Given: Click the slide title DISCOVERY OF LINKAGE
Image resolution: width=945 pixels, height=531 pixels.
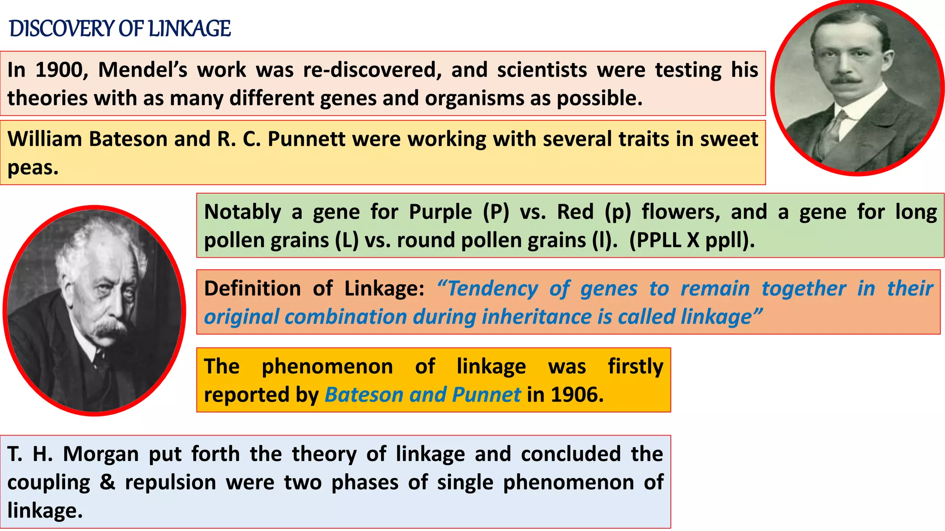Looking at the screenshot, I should (x=120, y=29).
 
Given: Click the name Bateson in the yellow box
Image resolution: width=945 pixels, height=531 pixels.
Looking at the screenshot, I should (x=128, y=139).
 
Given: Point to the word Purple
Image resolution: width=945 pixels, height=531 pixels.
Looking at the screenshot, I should (x=440, y=212).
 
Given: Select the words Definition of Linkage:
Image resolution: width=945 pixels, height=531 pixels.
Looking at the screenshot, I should (x=314, y=289).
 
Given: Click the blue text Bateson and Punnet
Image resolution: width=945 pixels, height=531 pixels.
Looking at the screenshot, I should (x=422, y=395).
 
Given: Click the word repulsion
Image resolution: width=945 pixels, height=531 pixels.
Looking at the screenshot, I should (x=170, y=483).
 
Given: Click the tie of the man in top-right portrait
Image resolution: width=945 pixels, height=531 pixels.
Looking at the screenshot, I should (x=834, y=134).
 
